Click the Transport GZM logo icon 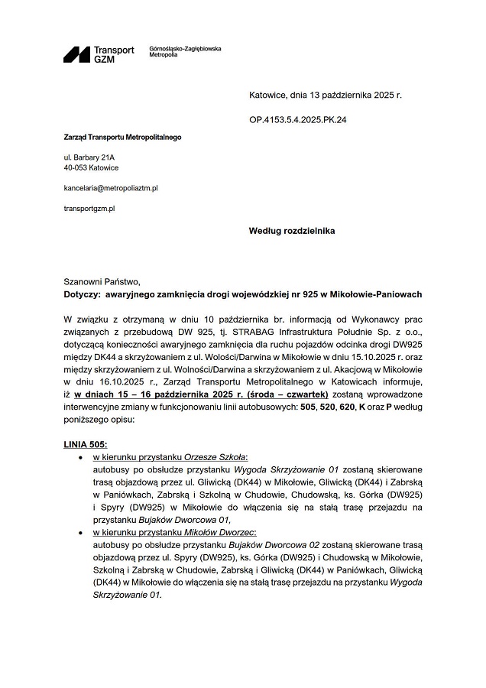click(x=76, y=54)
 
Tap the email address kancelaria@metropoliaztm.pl click(x=111, y=187)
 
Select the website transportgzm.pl click(x=89, y=208)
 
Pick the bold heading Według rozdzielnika click(x=292, y=230)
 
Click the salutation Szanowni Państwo click(x=102, y=281)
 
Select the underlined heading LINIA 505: click(x=86, y=443)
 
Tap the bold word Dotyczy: click(x=82, y=294)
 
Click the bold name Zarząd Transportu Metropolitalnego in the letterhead click(x=122, y=138)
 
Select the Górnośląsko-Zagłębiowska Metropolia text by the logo click(x=185, y=52)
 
